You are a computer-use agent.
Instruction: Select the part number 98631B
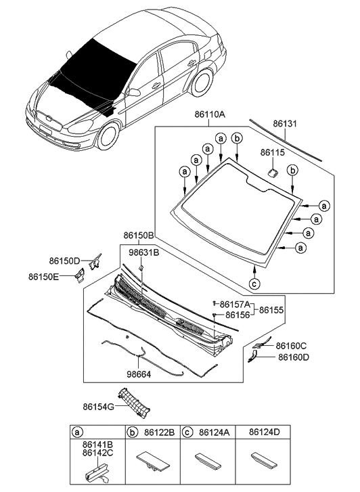pos(143,252)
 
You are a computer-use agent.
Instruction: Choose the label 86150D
pos(64,261)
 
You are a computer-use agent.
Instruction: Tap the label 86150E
pos(43,276)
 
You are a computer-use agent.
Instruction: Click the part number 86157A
pos(238,305)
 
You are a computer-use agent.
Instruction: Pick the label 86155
pos(271,309)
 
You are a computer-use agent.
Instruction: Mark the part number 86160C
pos(292,346)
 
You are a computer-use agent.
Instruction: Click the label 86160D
pos(292,357)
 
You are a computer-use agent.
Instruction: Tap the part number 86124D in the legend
pos(264,430)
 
